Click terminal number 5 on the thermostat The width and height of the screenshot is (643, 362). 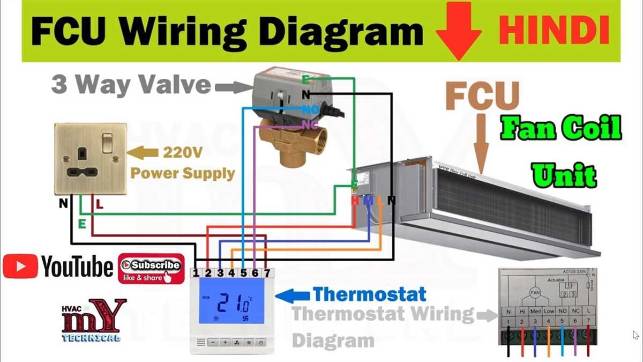[243, 273]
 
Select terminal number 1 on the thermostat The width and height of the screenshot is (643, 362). [197, 273]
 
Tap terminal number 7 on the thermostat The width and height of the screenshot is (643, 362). [267, 273]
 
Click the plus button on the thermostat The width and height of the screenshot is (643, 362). [225, 342]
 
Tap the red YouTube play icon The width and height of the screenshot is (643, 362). [20, 267]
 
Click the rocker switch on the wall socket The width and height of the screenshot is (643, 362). [108, 143]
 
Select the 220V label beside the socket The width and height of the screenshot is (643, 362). [182, 154]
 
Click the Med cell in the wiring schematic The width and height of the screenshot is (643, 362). [534, 312]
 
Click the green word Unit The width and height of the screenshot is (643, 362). [564, 175]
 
